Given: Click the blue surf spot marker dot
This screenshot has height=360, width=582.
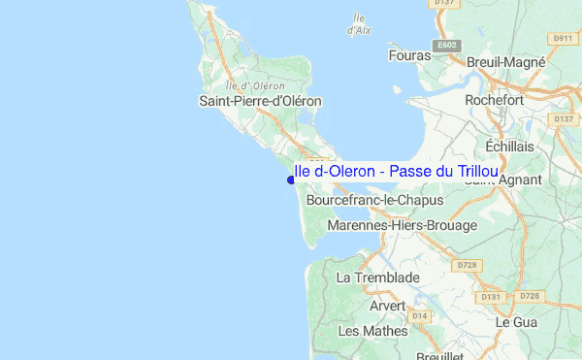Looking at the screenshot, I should coord(291,180).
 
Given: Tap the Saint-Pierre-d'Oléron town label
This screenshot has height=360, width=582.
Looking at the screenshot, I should coord(260,101).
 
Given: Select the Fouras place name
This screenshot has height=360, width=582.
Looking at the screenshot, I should coord(408,56).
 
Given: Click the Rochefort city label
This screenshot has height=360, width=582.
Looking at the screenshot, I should coord(495,100).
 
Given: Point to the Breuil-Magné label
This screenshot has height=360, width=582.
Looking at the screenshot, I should coord(507,61).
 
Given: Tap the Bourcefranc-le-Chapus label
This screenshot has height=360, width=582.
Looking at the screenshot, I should coord(374,200).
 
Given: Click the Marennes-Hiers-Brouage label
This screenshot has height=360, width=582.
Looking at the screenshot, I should coord(403,225).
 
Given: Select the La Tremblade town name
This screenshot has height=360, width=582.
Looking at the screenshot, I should coord(377,278).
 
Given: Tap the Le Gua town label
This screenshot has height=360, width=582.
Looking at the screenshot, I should coord(516,321).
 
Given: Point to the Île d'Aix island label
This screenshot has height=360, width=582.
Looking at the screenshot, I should coord(359,24).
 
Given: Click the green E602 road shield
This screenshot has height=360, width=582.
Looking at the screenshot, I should coord(447,46).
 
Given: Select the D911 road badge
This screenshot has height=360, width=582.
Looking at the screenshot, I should coord(563,38).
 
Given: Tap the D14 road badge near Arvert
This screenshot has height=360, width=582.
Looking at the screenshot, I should coord(419,315).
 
